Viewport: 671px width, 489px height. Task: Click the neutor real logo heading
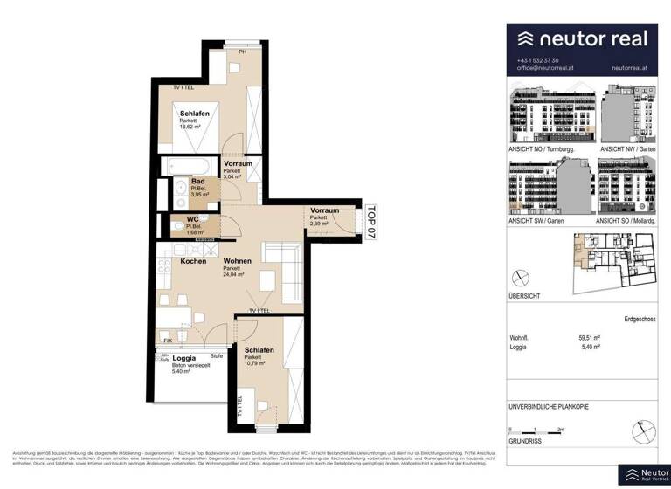coord(582,38)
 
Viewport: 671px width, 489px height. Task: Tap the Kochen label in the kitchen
coord(193,261)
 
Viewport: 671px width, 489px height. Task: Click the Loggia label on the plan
coord(183,358)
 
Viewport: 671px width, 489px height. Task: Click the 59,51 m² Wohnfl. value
coord(591,337)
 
